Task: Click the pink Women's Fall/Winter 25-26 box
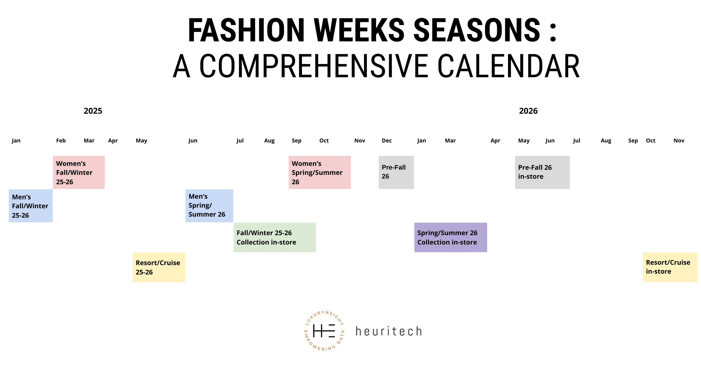(x=79, y=172)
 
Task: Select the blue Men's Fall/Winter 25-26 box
(x=31, y=206)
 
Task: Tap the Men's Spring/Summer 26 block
(x=209, y=206)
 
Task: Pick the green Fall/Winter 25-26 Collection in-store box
(x=275, y=237)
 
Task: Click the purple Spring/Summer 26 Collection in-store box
(x=451, y=237)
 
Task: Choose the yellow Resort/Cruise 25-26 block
(x=159, y=267)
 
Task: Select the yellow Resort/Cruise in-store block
(x=670, y=267)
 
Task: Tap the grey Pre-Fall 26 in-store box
(x=542, y=172)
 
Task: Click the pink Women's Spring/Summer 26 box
(x=319, y=172)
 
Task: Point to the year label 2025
(x=93, y=111)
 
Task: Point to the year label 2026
(x=528, y=111)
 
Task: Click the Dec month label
(x=387, y=141)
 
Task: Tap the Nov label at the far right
(x=679, y=141)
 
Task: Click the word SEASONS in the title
(x=477, y=30)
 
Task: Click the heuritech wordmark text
(x=389, y=331)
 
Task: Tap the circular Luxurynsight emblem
(x=324, y=331)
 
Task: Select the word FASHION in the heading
(x=246, y=30)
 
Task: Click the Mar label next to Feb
(x=89, y=141)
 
